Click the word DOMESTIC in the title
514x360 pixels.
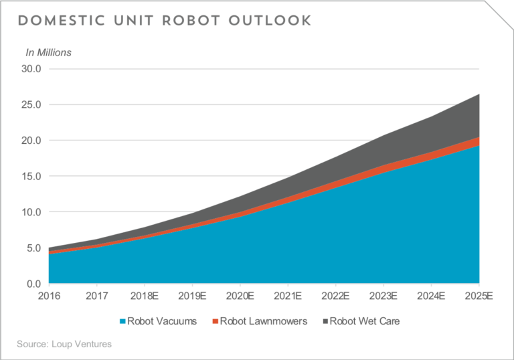(x=62, y=21)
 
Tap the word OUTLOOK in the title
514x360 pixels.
(x=270, y=21)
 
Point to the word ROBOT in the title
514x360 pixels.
(x=191, y=21)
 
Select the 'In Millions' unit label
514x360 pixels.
(x=48, y=52)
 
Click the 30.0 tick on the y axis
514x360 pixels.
(x=31, y=69)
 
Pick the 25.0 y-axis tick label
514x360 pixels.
(x=31, y=104)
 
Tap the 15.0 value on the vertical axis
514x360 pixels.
(x=31, y=176)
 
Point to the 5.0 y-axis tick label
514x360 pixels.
(x=33, y=248)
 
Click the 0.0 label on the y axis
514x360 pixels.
(x=33, y=284)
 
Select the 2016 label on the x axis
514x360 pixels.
(x=49, y=296)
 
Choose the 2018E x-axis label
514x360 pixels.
(x=145, y=296)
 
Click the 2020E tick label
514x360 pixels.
(x=240, y=296)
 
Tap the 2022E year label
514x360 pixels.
(x=335, y=296)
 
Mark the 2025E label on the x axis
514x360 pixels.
(x=479, y=296)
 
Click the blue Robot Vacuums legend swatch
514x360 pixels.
(x=122, y=321)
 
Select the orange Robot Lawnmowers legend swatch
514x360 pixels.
(x=216, y=321)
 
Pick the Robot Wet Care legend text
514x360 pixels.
(x=365, y=321)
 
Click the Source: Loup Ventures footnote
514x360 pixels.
(x=64, y=344)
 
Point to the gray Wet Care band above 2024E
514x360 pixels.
(x=431, y=134)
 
